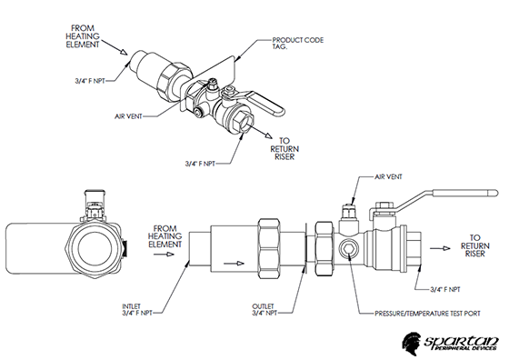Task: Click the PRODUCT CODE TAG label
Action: click(298, 43)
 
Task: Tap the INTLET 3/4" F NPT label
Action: click(137, 310)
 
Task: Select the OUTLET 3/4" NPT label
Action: click(264, 310)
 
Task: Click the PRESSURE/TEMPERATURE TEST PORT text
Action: click(427, 314)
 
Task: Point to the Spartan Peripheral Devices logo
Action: click(451, 342)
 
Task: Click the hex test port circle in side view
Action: click(347, 249)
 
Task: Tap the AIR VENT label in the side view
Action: click(388, 177)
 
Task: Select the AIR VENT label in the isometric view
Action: click(128, 116)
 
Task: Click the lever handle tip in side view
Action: click(495, 193)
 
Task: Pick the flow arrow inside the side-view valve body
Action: click(234, 263)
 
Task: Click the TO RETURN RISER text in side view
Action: click(474, 245)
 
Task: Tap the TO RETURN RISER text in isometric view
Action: click(284, 149)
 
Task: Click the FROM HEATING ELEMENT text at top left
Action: click(83, 36)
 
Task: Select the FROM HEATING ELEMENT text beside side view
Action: click(165, 236)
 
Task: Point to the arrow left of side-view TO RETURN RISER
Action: click(440, 248)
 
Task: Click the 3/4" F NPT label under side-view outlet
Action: click(445, 289)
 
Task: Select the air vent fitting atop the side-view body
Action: click(348, 215)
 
